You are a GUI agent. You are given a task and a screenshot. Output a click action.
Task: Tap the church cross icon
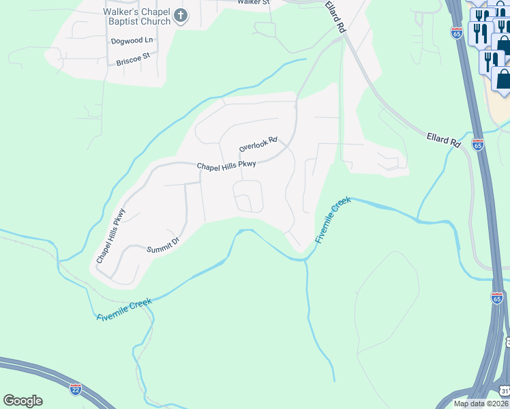(181, 16)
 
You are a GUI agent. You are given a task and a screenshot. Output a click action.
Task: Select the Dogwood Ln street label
(132, 40)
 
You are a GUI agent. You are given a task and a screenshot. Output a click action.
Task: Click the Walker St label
(254, 2)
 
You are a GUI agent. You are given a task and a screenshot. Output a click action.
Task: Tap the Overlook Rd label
(258, 144)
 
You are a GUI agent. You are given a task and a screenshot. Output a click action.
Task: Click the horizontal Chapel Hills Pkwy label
(226, 165)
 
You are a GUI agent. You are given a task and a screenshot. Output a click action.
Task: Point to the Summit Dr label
(162, 245)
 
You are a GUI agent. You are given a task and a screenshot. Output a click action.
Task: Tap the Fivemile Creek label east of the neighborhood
(333, 219)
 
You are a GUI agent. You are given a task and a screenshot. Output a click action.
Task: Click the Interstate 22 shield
(76, 389)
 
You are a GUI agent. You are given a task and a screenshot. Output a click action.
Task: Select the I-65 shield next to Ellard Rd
(478, 145)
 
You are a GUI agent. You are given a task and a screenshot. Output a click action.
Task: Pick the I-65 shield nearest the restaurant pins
(456, 32)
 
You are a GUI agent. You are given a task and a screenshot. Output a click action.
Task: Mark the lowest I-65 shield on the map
(496, 297)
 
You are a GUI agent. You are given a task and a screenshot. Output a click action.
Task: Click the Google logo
(22, 400)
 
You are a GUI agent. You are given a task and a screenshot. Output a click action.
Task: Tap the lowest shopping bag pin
(503, 79)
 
